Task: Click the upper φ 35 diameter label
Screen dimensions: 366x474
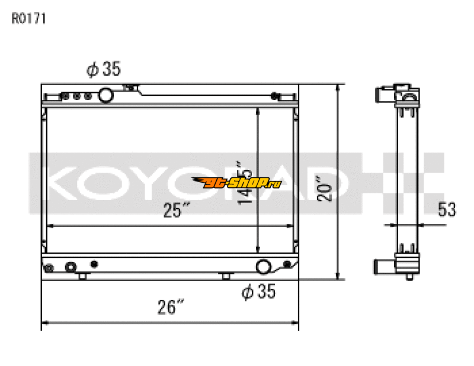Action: [x=104, y=70]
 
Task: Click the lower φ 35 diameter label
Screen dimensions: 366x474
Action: [x=259, y=291]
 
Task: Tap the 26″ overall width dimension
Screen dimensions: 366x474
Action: [x=171, y=307]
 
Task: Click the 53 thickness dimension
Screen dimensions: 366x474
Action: [x=447, y=209]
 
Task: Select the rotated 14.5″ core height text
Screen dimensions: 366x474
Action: [x=244, y=183]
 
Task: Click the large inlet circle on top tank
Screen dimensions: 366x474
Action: [x=106, y=95]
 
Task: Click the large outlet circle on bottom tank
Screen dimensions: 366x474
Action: [x=264, y=267]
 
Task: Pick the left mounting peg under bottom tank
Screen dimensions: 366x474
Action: [x=82, y=276]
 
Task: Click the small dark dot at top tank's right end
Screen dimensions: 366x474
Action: [x=274, y=96]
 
